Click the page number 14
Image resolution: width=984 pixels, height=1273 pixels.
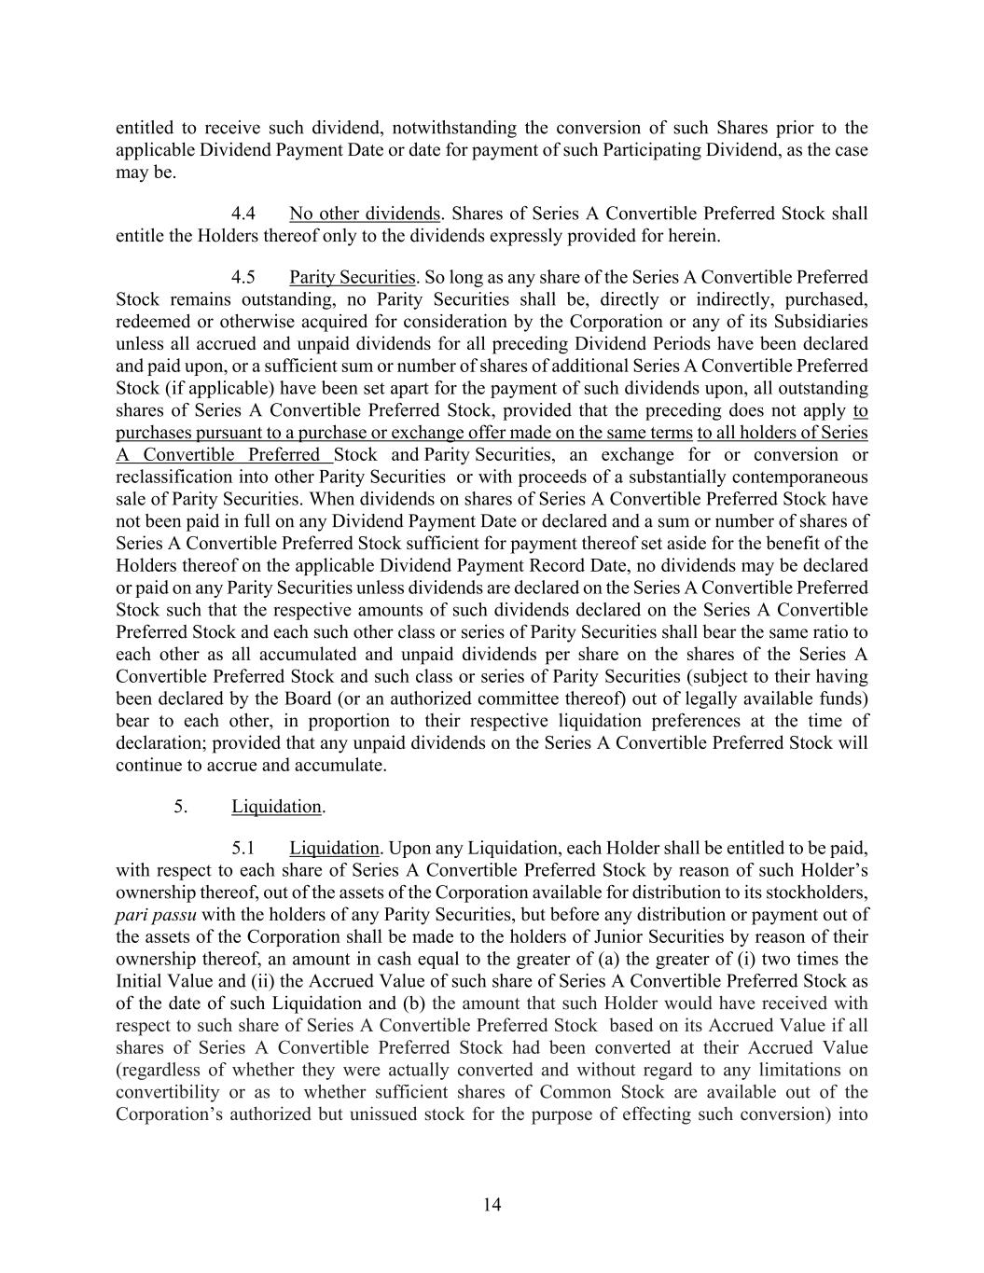492,1205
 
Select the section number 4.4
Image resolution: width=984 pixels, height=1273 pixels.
243,214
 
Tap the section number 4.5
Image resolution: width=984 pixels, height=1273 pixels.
243,277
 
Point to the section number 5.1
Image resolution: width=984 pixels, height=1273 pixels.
243,848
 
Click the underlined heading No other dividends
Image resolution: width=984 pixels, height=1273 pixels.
364,214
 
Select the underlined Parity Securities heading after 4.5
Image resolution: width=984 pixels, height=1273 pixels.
352,277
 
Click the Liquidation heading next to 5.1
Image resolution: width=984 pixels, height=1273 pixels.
334,848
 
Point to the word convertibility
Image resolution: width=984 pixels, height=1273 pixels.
168,1092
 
